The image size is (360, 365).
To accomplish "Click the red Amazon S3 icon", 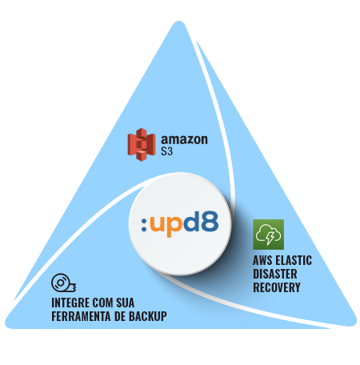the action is tap(142, 145).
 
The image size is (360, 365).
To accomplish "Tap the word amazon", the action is tap(184, 139).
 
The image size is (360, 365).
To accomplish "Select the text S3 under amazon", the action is tap(166, 151).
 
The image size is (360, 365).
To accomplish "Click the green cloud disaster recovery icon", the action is tap(268, 235).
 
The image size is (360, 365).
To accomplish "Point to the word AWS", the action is tap(262, 260).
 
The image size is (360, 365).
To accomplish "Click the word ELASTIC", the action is tap(294, 260).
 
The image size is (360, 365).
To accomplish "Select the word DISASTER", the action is tap(275, 274).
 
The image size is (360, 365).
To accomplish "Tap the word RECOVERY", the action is tap(277, 287).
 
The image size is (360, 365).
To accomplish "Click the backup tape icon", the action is tap(63, 283).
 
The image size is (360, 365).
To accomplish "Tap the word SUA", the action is tap(125, 303).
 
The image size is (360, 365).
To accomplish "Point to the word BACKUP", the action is tap(148, 317).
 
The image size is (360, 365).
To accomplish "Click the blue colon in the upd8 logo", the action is tap(144, 224).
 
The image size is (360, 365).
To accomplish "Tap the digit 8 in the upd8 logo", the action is tap(209, 221).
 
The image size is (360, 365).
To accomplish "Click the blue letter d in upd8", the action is tap(190, 221).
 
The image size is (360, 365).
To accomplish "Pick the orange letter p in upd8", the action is tap(173, 227).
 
